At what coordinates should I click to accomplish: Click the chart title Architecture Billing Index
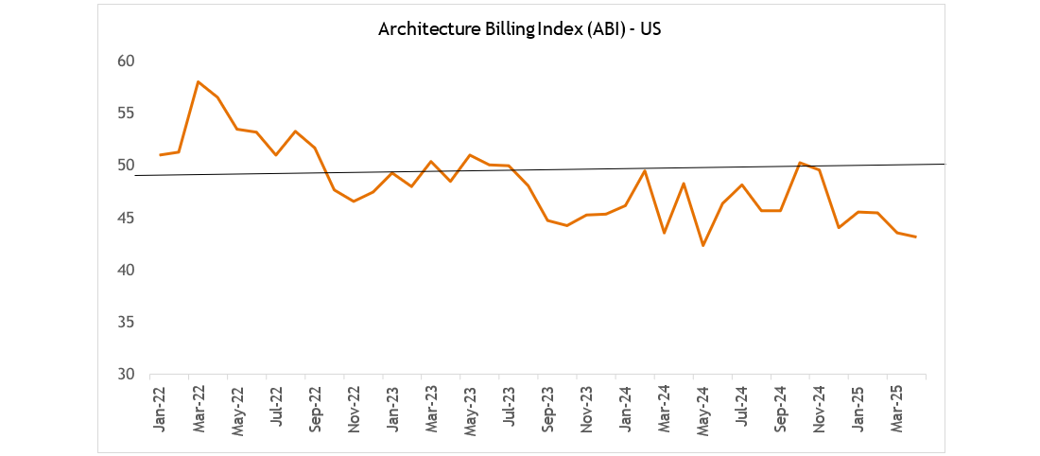[x=518, y=28]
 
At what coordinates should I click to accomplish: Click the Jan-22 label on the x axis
[x=160, y=408]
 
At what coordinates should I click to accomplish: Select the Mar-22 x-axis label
[x=199, y=408]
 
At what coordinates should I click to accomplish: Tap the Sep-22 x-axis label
[x=315, y=408]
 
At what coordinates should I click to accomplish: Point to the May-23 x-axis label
[x=470, y=408]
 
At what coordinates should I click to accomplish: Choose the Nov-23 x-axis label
[x=586, y=408]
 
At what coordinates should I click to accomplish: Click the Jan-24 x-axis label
[x=625, y=408]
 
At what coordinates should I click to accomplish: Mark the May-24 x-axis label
[x=702, y=408]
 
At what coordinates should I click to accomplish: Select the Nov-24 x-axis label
[x=819, y=408]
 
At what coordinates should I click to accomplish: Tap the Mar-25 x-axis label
[x=896, y=408]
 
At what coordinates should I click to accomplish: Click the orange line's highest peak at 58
[x=198, y=81]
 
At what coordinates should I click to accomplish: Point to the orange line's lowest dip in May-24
[x=702, y=246]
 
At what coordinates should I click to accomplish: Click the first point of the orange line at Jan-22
[x=160, y=154]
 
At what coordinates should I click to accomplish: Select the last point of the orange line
[x=915, y=237]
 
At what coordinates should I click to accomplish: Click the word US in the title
[x=650, y=28]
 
